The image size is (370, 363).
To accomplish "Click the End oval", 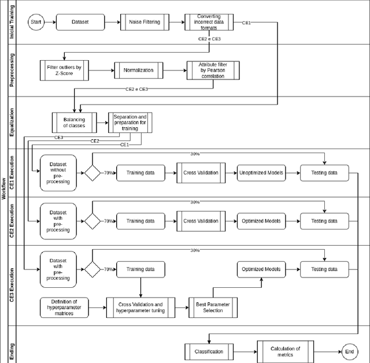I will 349,351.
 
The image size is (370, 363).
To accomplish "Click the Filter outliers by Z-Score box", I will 64,70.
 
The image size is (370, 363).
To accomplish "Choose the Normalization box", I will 139,70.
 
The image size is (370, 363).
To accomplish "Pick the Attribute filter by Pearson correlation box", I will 212,70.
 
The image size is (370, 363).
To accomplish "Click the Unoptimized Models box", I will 261,173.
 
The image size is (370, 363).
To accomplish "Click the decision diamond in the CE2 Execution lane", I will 92,221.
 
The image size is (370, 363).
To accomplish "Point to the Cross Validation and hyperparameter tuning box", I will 140,307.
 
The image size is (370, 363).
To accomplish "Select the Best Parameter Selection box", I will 213,307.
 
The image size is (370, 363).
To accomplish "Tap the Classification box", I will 209,351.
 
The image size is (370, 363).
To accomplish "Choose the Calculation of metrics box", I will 285,351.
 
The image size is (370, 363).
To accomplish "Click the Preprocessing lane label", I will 12,71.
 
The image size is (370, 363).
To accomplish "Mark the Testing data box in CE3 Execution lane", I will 324,269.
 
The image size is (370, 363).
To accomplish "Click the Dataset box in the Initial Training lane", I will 81,23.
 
